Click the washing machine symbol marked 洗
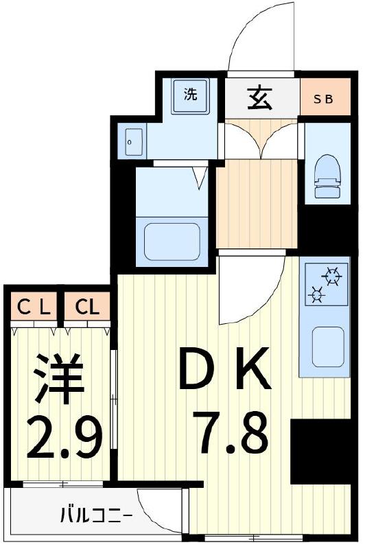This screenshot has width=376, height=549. coord(190,95)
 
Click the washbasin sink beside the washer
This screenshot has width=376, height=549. coord(133,142)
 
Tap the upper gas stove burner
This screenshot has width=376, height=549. coord(333,277)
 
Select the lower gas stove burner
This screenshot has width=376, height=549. coord(317,296)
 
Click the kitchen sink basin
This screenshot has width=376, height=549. coord(328,347)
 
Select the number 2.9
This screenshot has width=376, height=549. coord(64,436)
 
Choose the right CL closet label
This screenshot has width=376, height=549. coord(87,307)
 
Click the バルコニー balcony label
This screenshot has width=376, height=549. coord(95,513)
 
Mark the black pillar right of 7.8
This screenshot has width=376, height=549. coord(320,452)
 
